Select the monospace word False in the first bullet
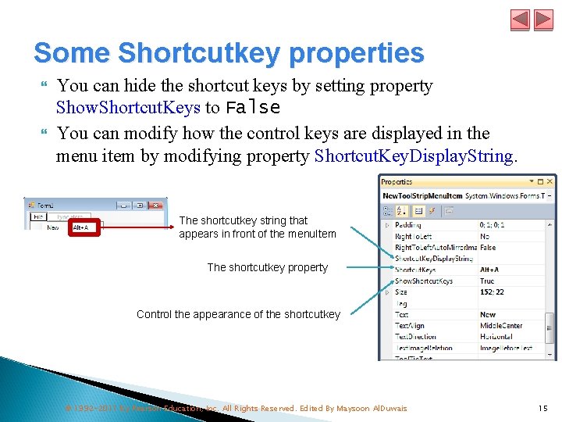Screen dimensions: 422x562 [x=252, y=107]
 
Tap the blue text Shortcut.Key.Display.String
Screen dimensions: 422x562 [x=413, y=156]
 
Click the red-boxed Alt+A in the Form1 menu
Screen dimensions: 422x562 [x=80, y=227]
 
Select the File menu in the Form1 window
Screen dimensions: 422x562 [x=37, y=216]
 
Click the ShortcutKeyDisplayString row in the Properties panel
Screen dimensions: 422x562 [x=433, y=258]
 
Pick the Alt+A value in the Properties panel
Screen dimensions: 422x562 [x=489, y=270]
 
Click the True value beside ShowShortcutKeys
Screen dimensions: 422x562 [x=487, y=281]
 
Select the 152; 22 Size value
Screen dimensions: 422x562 [x=492, y=292]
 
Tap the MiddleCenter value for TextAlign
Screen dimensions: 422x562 [x=500, y=326]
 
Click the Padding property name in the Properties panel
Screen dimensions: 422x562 [x=407, y=225]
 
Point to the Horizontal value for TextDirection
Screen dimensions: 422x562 [x=496, y=337]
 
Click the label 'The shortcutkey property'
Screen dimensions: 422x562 [x=267, y=267]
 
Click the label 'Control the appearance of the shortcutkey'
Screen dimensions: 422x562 [x=238, y=314]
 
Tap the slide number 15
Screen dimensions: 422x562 [x=542, y=408]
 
